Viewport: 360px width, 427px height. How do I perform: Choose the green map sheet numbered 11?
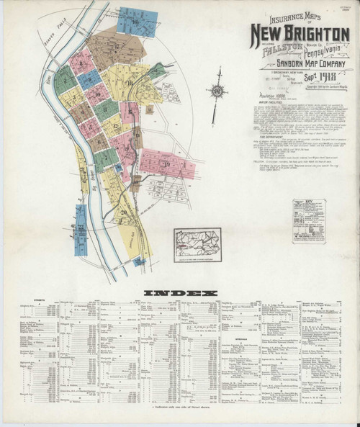coord(107,109)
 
